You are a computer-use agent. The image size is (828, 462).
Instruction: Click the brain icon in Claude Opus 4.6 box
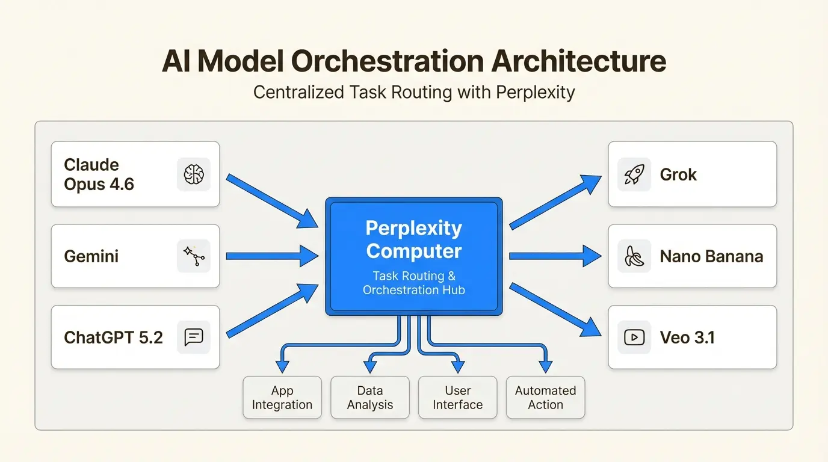pos(194,174)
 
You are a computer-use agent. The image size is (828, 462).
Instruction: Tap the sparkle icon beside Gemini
pos(194,256)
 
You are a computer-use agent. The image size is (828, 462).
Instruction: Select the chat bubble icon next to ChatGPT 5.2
pos(194,337)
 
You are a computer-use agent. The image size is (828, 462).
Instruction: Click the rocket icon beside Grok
pos(634,174)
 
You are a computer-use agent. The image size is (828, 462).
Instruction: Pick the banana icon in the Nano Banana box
pos(634,256)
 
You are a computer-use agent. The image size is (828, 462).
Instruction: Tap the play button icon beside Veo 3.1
pos(634,337)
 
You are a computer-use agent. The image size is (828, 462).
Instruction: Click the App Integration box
pos(282,398)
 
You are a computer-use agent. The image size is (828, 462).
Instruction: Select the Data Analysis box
pos(370,398)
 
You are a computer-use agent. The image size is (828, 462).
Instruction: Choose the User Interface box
pos(458,398)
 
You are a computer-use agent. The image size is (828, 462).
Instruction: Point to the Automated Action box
pos(545,398)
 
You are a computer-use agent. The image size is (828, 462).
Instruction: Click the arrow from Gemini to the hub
pos(271,256)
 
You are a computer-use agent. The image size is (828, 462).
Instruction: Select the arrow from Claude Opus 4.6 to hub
pos(271,200)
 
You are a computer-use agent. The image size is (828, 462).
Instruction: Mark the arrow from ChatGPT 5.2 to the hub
pos(271,311)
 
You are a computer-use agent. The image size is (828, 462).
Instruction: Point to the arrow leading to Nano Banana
pos(554,256)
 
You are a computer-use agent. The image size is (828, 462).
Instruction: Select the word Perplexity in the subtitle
pos(536,93)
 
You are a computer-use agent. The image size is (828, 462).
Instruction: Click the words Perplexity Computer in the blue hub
pos(414,239)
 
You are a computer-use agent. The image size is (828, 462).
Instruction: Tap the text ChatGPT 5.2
pos(113,337)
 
